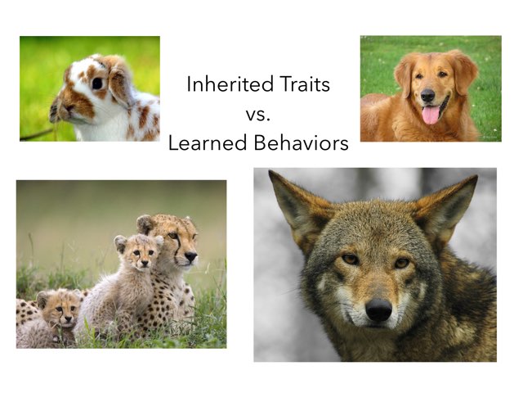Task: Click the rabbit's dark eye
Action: point(96,83)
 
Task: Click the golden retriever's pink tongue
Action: point(430,114)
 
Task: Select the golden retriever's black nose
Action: point(427,95)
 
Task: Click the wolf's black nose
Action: point(378,309)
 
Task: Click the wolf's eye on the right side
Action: point(401,262)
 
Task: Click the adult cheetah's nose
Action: point(190,255)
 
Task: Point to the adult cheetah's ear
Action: point(145,223)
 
